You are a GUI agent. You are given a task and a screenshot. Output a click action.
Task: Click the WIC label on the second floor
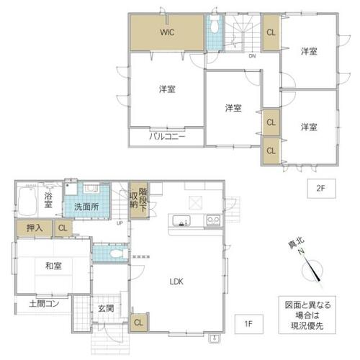pyautogui.click(x=167, y=32)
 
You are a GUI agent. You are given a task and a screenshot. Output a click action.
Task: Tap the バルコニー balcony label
pyautogui.click(x=167, y=137)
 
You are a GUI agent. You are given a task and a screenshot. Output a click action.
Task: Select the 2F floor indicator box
pyautogui.click(x=321, y=189)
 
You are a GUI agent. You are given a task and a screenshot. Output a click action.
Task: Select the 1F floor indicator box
pyautogui.click(x=249, y=324)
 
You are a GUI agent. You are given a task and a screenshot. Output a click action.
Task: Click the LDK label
pyautogui.click(x=176, y=282)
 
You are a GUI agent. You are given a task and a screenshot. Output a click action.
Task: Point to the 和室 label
pyautogui.click(x=53, y=266)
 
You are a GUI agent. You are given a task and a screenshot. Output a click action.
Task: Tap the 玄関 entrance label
pyautogui.click(x=106, y=308)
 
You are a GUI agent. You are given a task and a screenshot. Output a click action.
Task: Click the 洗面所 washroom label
pyautogui.click(x=86, y=207)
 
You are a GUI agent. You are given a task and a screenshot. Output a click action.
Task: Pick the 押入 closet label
pyautogui.click(x=35, y=228)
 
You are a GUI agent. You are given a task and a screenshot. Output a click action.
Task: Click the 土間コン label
pyautogui.click(x=44, y=304)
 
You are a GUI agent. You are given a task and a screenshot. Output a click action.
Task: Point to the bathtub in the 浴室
pyautogui.click(x=27, y=201)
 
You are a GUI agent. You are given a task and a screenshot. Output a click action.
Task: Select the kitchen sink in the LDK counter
pyautogui.click(x=181, y=220)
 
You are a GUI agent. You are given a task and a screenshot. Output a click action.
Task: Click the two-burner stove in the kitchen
pyautogui.click(x=213, y=220)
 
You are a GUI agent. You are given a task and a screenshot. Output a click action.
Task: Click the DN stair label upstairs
pyautogui.click(x=252, y=56)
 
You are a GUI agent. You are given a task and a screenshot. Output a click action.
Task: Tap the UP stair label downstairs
pyautogui.click(x=120, y=223)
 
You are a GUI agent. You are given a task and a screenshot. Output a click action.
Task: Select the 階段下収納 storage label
pyautogui.click(x=138, y=200)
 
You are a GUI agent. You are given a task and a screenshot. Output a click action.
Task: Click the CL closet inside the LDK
pyautogui.click(x=138, y=323)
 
